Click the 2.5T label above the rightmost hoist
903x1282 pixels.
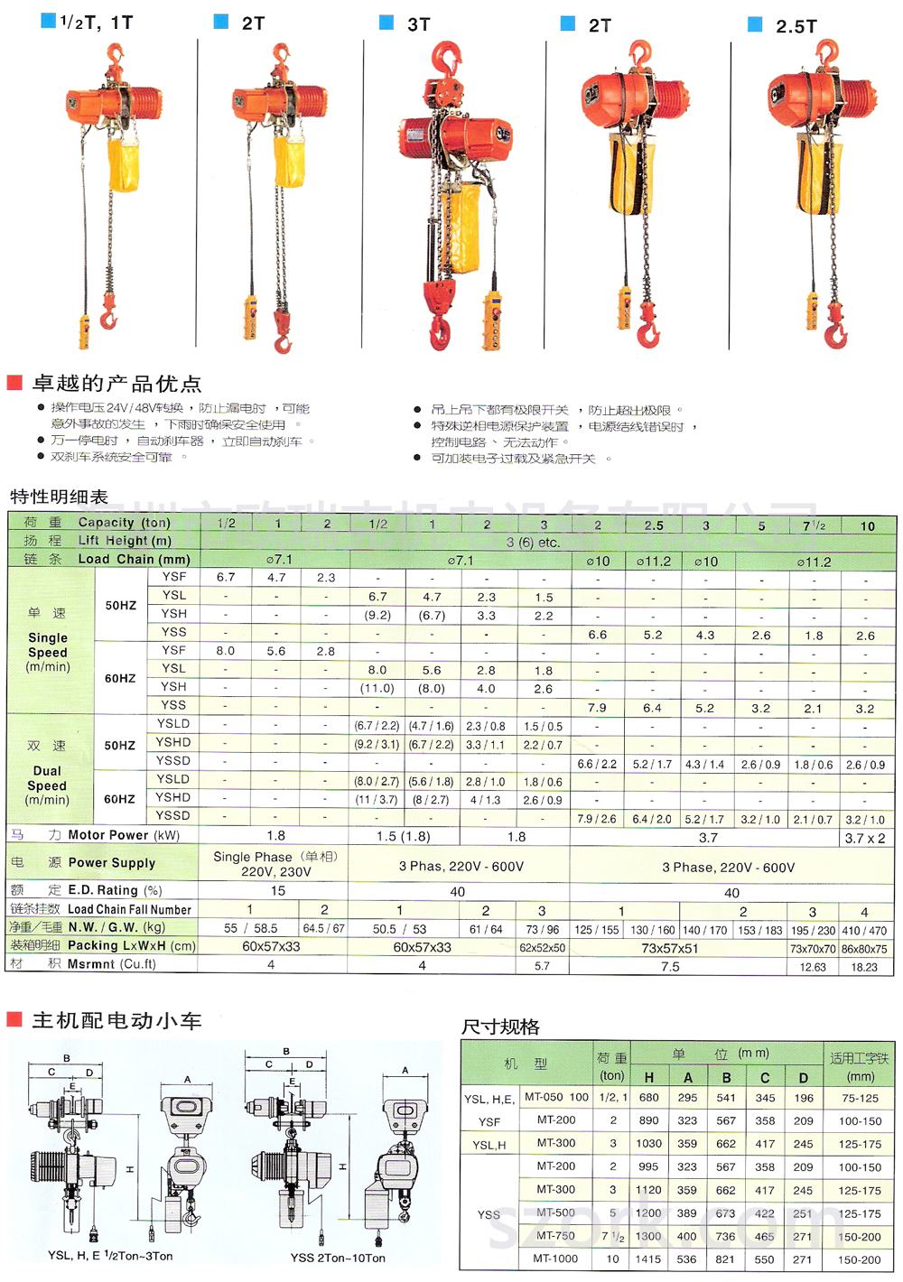point(796,27)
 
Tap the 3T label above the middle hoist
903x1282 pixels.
point(418,25)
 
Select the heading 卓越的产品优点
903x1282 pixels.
point(116,384)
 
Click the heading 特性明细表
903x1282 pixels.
point(59,497)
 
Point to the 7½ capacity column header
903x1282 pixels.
point(814,525)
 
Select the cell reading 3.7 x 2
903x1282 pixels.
point(864,838)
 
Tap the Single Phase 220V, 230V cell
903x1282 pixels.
point(275,864)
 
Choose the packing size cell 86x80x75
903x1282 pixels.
point(864,949)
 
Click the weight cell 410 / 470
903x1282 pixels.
point(864,930)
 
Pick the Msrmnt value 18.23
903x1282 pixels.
point(864,967)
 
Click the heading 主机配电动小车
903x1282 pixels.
point(116,1021)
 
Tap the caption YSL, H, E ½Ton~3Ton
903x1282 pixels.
point(110,1256)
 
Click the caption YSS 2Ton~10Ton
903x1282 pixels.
point(338,1258)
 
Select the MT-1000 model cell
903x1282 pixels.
point(555,1259)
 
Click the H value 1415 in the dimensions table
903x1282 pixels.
point(648,1259)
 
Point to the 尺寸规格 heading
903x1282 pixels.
point(500,1027)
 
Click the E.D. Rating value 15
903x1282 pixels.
point(278,891)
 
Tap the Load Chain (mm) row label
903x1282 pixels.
point(134,559)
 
